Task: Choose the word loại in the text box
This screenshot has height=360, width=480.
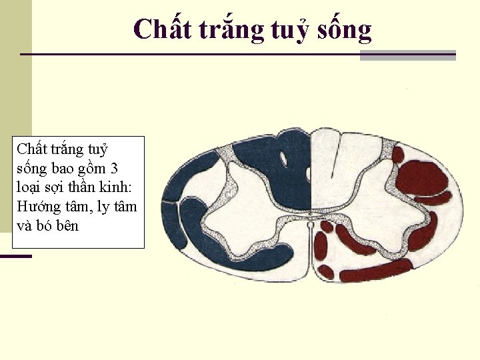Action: coord(29,186)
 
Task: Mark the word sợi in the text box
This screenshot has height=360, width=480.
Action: coord(57,187)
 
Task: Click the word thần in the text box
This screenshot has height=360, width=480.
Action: coord(89,186)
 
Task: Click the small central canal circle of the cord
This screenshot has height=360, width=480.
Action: coord(310,225)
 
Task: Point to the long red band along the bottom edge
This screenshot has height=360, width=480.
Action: coord(376,270)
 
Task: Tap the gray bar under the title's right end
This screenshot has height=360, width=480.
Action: coord(408,56)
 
